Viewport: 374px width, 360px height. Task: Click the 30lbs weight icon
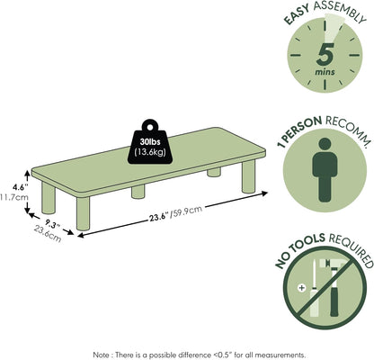click(150, 142)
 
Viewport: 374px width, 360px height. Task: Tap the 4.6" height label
click(20, 187)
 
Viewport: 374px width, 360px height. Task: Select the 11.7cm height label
click(14, 197)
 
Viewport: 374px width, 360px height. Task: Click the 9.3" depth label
click(53, 224)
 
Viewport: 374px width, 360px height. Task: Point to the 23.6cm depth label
click(48, 234)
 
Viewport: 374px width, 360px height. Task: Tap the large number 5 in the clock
click(325, 54)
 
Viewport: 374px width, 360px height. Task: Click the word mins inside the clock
click(325, 72)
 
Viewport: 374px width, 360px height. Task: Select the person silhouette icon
click(325, 169)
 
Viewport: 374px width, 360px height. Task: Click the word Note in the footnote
click(101, 355)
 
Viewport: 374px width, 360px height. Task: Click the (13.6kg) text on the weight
click(150, 152)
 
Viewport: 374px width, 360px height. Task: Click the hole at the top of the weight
click(149, 127)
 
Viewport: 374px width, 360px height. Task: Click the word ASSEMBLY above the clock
click(340, 13)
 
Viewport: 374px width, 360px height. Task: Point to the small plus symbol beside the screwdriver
click(302, 288)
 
